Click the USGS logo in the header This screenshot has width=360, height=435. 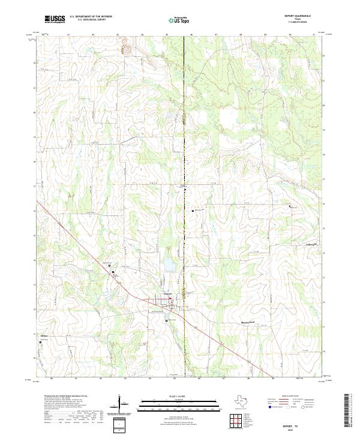click(55, 19)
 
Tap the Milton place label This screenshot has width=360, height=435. click(43, 335)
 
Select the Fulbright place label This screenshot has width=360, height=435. click(308, 244)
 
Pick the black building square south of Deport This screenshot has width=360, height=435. click(167, 322)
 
